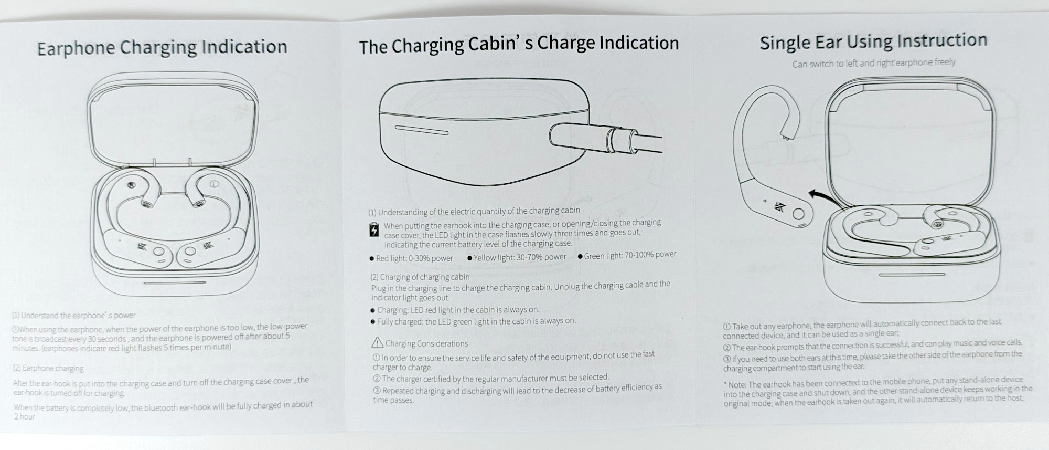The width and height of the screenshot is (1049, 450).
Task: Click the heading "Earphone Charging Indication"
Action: pyautogui.click(x=162, y=47)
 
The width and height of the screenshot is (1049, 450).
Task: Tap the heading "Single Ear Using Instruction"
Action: pyautogui.click(x=873, y=41)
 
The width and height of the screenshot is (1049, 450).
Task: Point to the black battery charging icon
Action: pyautogui.click(x=374, y=229)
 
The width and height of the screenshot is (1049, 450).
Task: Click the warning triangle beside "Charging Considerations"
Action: pyautogui.click(x=377, y=343)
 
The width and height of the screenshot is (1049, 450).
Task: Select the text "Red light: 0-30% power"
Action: pyautogui.click(x=411, y=258)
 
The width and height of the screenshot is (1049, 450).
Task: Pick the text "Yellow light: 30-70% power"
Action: pyautogui.click(x=517, y=257)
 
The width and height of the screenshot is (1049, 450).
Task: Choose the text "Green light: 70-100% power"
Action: pyautogui.click(x=627, y=255)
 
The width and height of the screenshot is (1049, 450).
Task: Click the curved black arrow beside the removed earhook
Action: pyautogui.click(x=823, y=198)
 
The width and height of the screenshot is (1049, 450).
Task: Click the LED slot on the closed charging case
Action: pyautogui.click(x=421, y=130)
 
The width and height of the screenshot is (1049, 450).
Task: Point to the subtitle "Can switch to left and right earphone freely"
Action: pyautogui.click(x=873, y=63)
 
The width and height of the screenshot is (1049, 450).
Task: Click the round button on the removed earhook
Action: pyautogui.click(x=798, y=214)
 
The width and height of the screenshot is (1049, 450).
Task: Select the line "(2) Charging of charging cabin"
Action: pyautogui.click(x=420, y=277)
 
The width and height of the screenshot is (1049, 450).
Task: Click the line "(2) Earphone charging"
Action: pyautogui.click(x=48, y=368)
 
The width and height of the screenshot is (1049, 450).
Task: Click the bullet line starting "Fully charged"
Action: pyautogui.click(x=473, y=321)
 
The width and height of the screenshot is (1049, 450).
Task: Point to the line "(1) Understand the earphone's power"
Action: pyautogui.click(x=73, y=316)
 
